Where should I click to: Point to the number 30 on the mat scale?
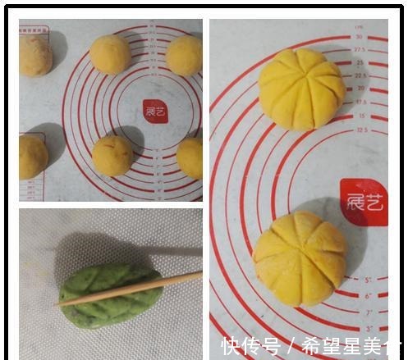click(x=359, y=36)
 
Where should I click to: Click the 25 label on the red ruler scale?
click(x=360, y=62)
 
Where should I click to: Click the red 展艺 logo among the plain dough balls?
click(x=154, y=111)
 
